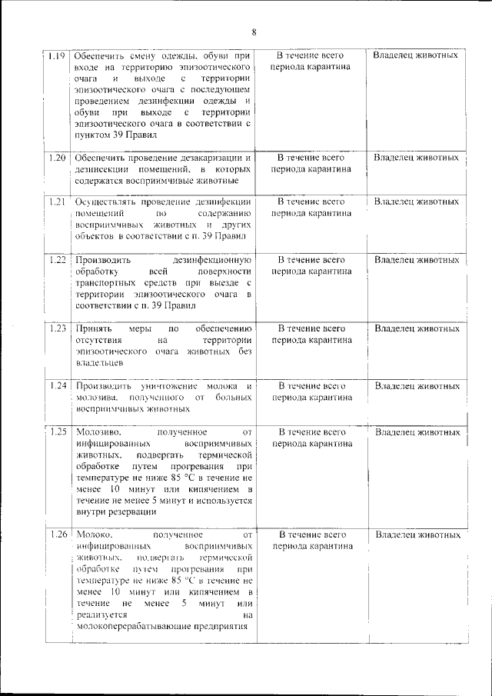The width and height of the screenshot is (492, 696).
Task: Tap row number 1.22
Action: [x=55, y=260]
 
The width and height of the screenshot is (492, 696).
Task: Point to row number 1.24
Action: [x=55, y=385]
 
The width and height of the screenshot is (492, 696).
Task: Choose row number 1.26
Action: [x=55, y=534]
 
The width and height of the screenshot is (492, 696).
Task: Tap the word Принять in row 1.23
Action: [x=92, y=328]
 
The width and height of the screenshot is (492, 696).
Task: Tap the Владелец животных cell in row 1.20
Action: [x=417, y=158]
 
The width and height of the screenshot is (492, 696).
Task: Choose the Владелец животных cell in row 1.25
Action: [x=417, y=432]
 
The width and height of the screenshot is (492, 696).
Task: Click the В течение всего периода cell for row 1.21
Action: [x=311, y=208]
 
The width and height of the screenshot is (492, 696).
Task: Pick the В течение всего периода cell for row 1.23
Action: [x=311, y=334]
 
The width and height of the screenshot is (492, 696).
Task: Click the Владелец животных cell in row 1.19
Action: [x=417, y=56]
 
